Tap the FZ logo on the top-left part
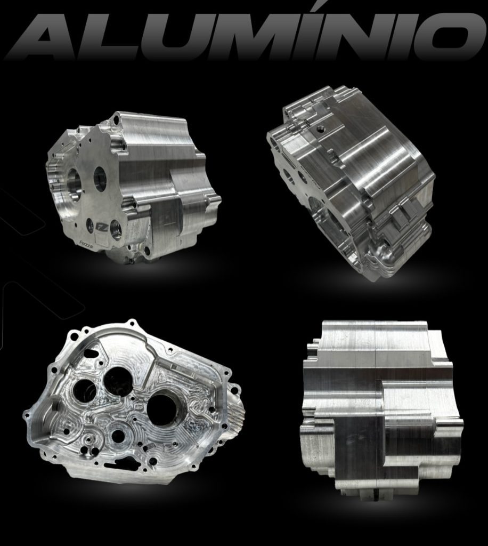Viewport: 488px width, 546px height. pos(100,227)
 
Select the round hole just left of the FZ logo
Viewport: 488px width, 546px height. pos(89,225)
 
